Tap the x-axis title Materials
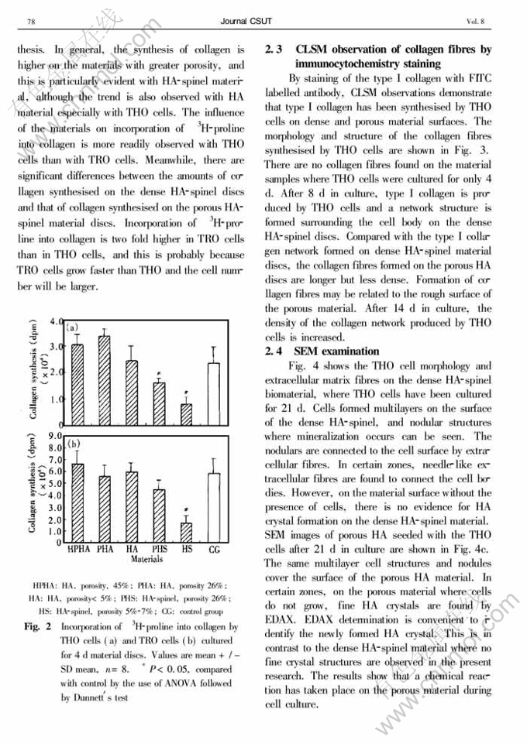(x=146, y=557)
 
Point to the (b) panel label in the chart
(x=74, y=444)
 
